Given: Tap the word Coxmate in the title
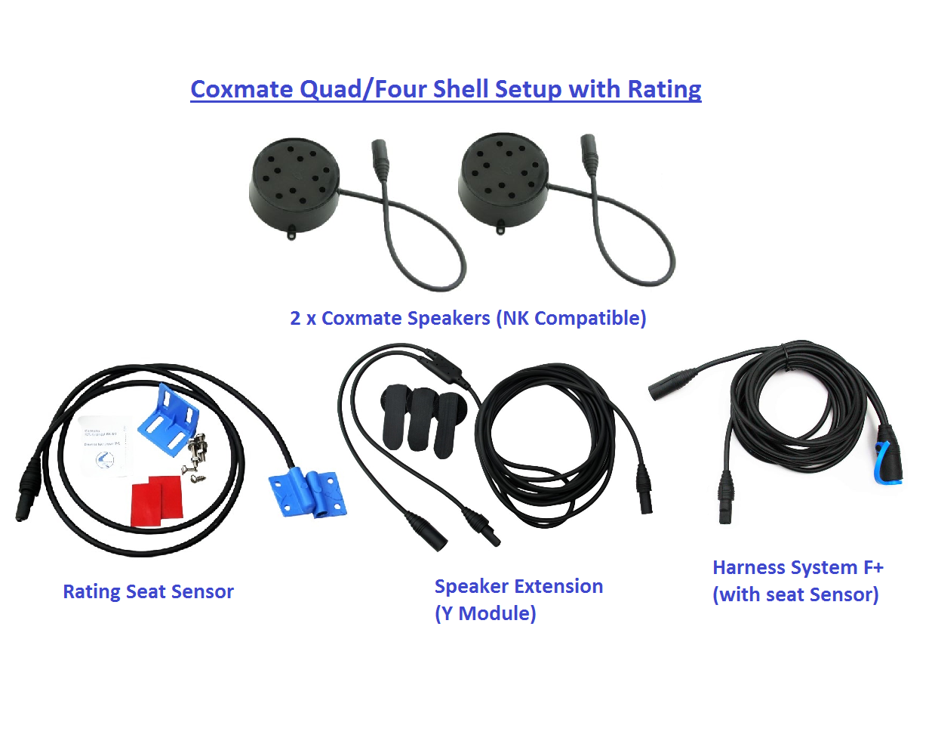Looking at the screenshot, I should [241, 89].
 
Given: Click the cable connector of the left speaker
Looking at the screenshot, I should [379, 157].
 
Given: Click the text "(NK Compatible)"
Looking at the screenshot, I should [571, 318].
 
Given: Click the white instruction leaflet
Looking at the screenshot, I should [104, 446].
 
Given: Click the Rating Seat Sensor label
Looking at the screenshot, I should [148, 591].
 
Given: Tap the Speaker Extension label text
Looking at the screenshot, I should [518, 586].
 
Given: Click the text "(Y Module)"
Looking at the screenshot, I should [485, 613].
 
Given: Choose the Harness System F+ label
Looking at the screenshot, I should [798, 567].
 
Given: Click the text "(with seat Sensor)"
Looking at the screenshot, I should [795, 594].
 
